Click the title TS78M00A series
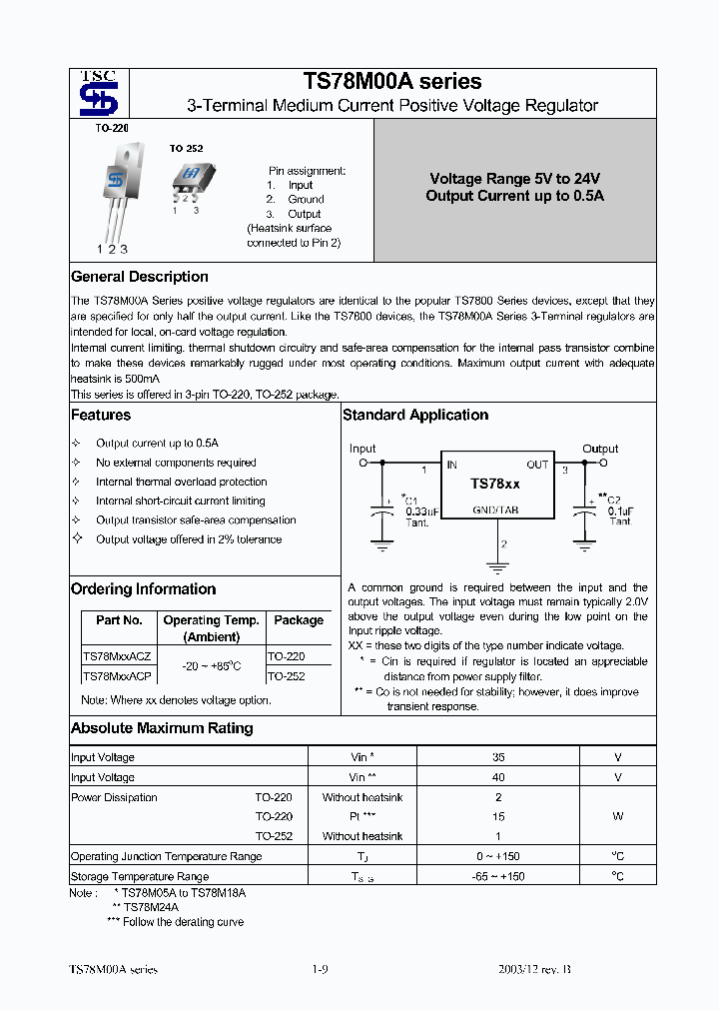[391, 81]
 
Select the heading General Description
[140, 277]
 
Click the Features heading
[101, 415]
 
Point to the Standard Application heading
[415, 415]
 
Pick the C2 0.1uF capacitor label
[618, 509]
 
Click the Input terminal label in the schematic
[363, 449]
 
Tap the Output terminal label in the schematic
[600, 449]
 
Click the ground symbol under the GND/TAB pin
[490, 565]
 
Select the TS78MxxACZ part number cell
[117, 656]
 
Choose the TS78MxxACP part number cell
[117, 676]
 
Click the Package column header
[299, 620]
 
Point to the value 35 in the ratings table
[498, 757]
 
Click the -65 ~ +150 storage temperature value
[498, 876]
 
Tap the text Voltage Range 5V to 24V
[514, 179]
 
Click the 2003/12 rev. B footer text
[534, 970]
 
